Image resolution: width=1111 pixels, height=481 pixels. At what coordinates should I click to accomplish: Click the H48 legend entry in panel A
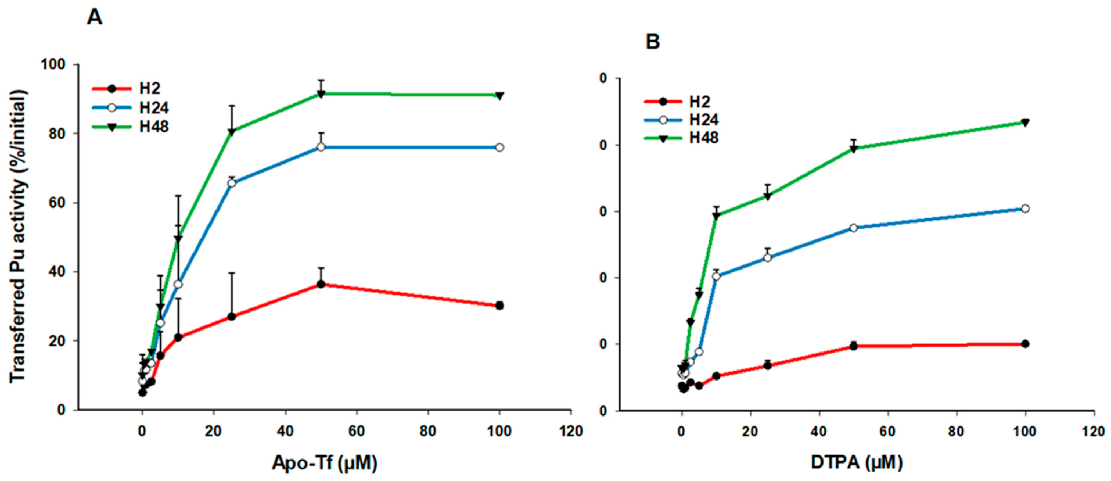tap(154, 127)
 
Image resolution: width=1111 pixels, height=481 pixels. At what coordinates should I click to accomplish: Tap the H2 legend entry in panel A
tap(149, 88)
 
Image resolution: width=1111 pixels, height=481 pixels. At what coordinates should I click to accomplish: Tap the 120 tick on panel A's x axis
tap(571, 431)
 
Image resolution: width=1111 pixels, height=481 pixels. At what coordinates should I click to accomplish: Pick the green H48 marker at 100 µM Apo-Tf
tap(499, 96)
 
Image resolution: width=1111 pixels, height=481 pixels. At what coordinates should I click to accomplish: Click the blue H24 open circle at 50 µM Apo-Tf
tap(321, 147)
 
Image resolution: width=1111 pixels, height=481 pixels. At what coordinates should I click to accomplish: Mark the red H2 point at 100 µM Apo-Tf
tap(499, 306)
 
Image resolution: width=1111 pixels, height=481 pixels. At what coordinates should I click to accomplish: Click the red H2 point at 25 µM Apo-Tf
tap(232, 317)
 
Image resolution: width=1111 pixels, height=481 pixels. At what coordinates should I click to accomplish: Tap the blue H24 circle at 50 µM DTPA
tap(853, 228)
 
